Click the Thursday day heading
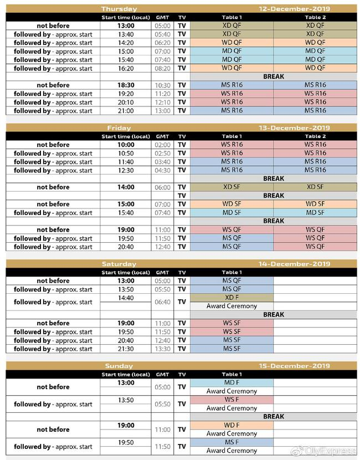pyautogui.click(x=119, y=9)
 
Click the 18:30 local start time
pyautogui.click(x=126, y=85)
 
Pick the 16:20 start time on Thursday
pyautogui.click(x=126, y=68)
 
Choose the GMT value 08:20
pyautogui.click(x=163, y=68)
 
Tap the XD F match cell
pyautogui.click(x=232, y=298)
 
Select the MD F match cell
pyautogui.click(x=232, y=383)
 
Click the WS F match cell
pyautogui.click(x=232, y=400)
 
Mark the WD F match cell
pyautogui.click(x=232, y=425)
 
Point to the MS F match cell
pyautogui.click(x=232, y=442)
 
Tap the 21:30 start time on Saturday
pyautogui.click(x=126, y=349)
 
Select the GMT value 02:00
pyautogui.click(x=163, y=145)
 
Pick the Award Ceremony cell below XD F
pyautogui.click(x=232, y=306)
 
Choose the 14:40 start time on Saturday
pyautogui.click(x=126, y=298)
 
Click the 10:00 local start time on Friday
pyautogui.click(x=126, y=145)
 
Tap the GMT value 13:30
pyautogui.click(x=163, y=349)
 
